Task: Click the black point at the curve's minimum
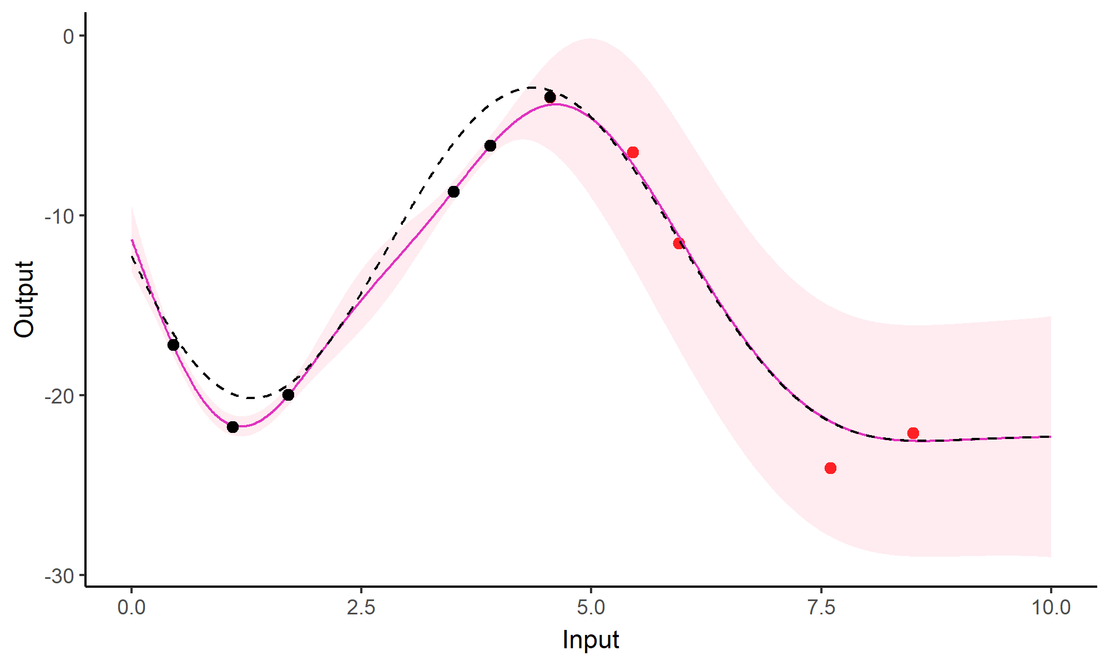(233, 427)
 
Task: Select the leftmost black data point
(173, 345)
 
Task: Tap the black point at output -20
(288, 395)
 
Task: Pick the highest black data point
(550, 98)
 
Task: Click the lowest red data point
(830, 468)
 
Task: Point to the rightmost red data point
(913, 433)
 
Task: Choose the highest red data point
(633, 153)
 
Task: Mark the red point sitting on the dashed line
(679, 244)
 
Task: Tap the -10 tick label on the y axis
(59, 216)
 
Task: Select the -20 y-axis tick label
(59, 396)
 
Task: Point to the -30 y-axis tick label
(59, 576)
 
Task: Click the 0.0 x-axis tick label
(132, 608)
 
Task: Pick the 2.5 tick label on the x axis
(361, 608)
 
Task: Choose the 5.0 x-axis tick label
(591, 608)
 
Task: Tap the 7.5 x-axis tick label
(821, 608)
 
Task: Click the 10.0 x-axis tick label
(1051, 608)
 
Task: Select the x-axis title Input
(591, 640)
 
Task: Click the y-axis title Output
(24, 300)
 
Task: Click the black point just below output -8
(453, 192)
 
